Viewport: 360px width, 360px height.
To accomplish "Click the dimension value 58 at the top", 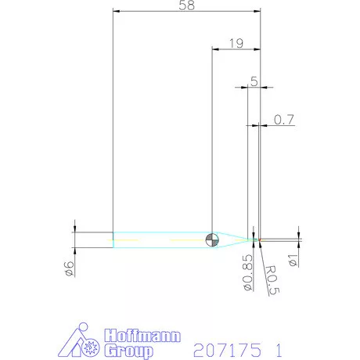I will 185,5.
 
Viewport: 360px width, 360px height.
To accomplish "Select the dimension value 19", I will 236,41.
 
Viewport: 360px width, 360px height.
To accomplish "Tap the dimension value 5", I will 254,81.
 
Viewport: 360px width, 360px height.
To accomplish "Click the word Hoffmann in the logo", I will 142,336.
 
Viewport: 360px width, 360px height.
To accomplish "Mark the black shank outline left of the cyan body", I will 94,239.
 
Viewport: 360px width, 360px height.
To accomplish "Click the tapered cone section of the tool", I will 235,239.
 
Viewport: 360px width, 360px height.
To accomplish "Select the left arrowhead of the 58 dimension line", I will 117,12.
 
